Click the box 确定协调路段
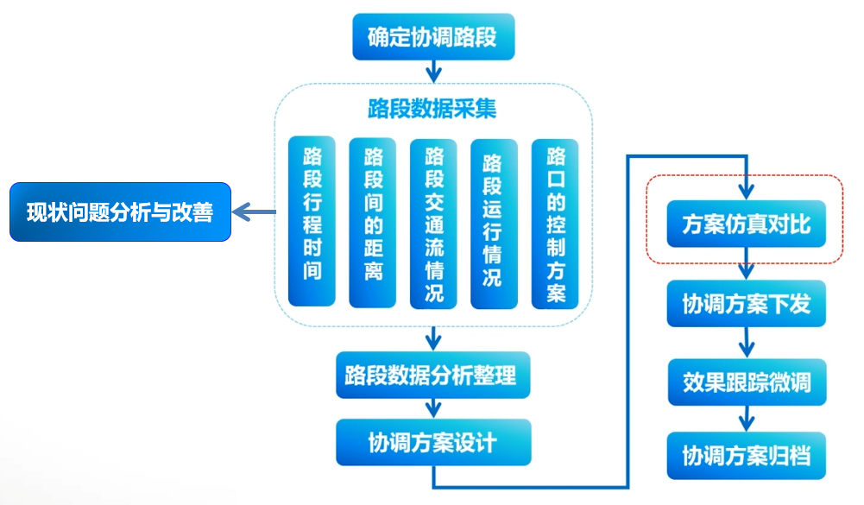pos(433,37)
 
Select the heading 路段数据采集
pos(432,110)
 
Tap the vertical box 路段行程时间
pos(312,222)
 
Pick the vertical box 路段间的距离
pos(373,222)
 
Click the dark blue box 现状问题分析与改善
pos(120,211)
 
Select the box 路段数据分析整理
pos(431,376)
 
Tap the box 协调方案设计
pos(432,442)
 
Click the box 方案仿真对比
pos(746,224)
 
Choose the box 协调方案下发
pos(746,303)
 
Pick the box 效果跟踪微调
pos(746,382)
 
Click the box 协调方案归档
pos(746,456)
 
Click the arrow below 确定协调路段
pos(433,69)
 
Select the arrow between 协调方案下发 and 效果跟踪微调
pos(747,343)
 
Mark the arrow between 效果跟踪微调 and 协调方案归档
pos(747,418)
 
